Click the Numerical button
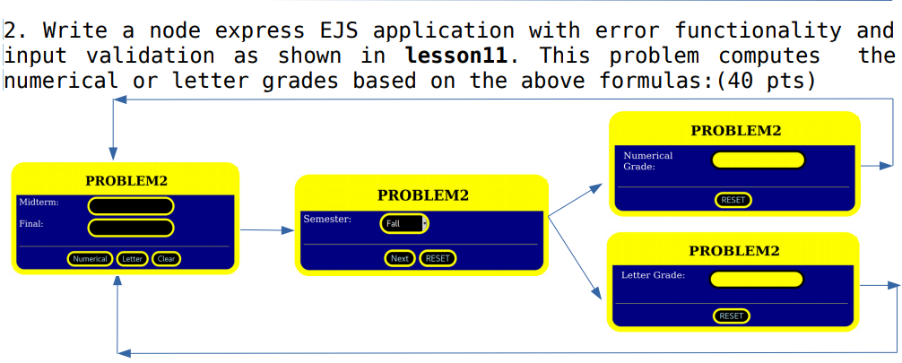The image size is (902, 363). point(91,259)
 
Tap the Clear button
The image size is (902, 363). point(166,259)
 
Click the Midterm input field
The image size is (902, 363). point(131,206)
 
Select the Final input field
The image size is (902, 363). point(131,228)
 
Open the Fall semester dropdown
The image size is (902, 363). point(404,224)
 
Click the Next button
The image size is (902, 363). point(400,258)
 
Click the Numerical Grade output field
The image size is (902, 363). point(759,160)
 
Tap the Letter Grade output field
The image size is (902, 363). point(756,280)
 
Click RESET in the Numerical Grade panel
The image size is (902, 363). point(733,200)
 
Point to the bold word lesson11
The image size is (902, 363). point(456,56)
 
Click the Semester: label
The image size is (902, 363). point(327,220)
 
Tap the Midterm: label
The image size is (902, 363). point(39,202)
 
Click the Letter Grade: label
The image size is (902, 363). point(654,275)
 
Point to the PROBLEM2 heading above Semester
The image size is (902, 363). point(423,195)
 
